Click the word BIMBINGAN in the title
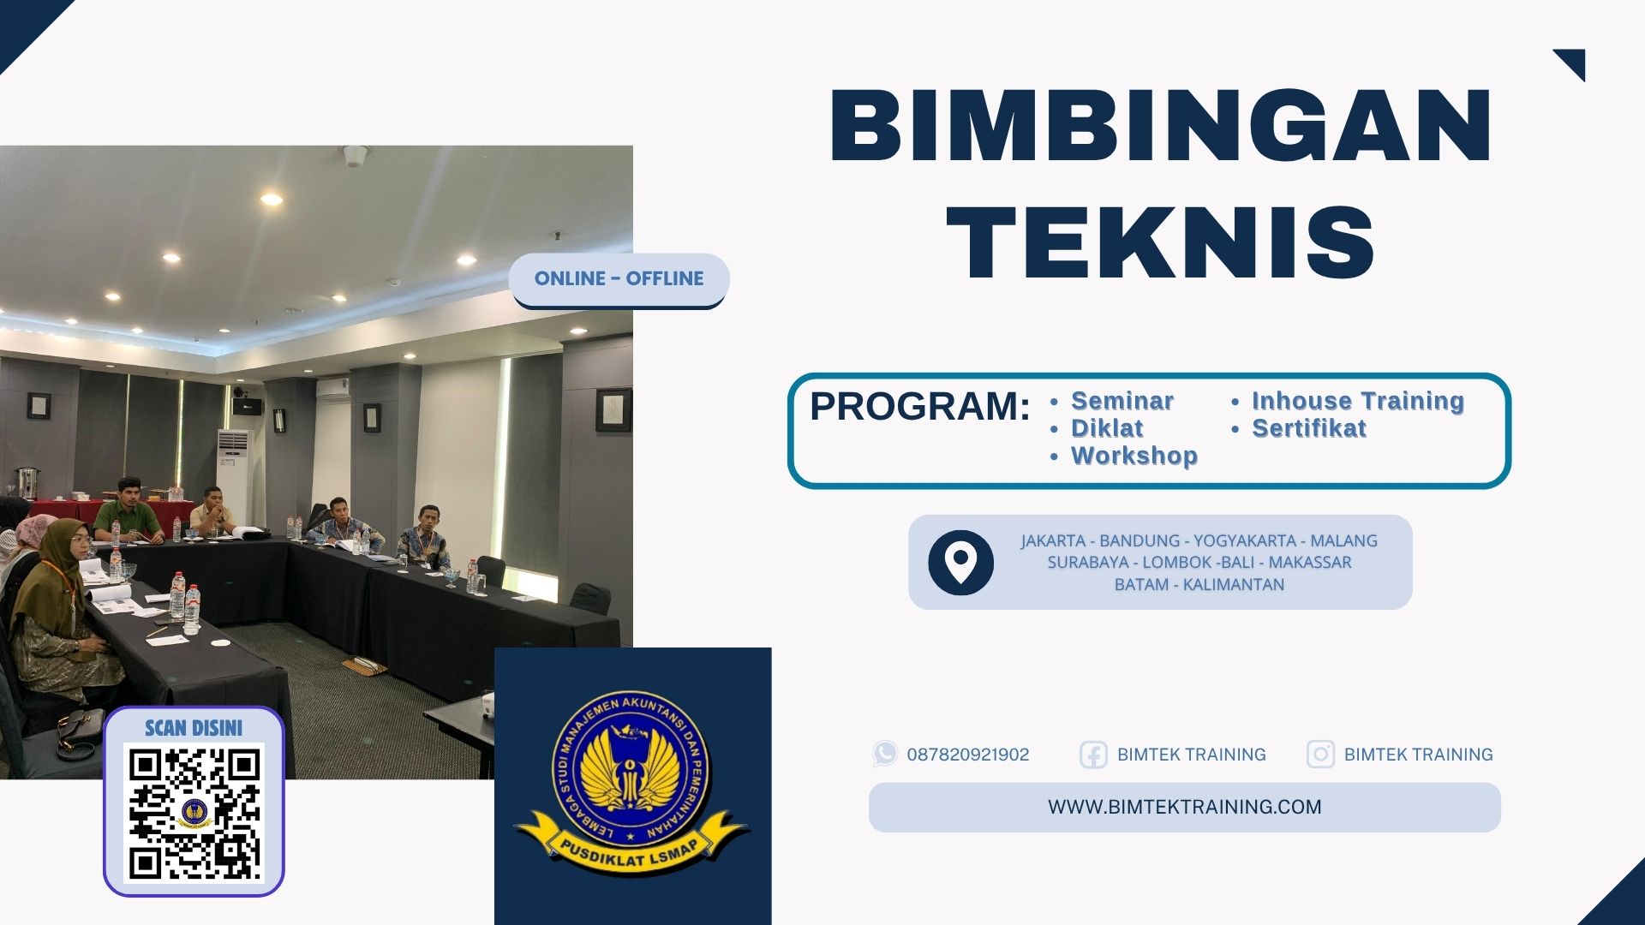1161,126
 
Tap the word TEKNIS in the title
1161,244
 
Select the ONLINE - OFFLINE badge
619,279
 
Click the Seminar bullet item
1122,401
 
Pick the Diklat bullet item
1107,428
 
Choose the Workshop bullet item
1134,456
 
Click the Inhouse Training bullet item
1357,401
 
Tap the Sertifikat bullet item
1308,428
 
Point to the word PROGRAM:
919,406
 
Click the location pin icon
960,562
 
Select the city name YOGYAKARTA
1244,540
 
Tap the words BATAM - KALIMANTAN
1199,585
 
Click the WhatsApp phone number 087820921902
967,755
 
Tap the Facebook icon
1092,755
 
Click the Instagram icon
1319,755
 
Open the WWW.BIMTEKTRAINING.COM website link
1184,807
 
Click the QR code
194,814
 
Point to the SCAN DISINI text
194,728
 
